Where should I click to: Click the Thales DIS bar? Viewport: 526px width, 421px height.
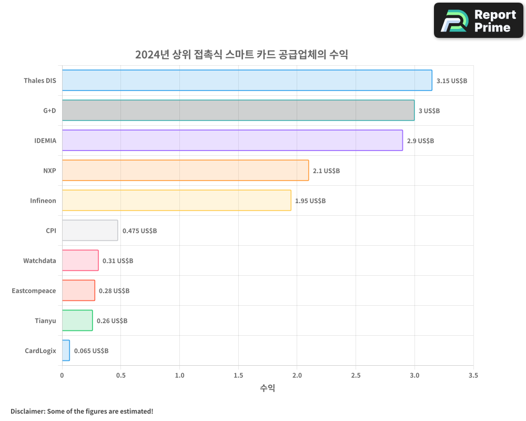pos(247,81)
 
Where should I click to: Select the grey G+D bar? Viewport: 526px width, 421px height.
pos(238,111)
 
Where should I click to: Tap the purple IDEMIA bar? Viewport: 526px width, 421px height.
pos(232,141)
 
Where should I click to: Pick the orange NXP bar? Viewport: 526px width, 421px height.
pos(185,171)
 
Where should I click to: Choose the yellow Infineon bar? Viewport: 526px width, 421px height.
pos(176,201)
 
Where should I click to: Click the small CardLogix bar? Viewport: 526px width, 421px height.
pos(66,350)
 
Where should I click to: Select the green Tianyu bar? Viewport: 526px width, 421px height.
pos(77,320)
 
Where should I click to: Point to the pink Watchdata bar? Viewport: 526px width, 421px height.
pos(80,260)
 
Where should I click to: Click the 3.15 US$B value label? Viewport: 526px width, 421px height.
pos(451,81)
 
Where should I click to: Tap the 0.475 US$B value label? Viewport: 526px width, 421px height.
pos(139,231)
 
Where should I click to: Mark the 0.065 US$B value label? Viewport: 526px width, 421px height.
pos(91,351)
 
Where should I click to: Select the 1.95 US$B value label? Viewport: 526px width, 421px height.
pos(310,201)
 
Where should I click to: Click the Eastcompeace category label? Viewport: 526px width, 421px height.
pos(34,290)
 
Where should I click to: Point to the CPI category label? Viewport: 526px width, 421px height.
pos(50,230)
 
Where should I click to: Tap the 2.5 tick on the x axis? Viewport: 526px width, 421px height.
pos(356,376)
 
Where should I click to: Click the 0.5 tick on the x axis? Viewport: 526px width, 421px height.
pos(121,376)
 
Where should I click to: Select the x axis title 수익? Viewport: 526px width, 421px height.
pos(267,388)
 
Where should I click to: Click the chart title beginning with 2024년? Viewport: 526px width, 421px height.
pos(241,55)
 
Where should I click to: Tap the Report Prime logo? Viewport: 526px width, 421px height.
pos(478,21)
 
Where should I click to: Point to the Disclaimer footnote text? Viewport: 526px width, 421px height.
pos(82,411)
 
